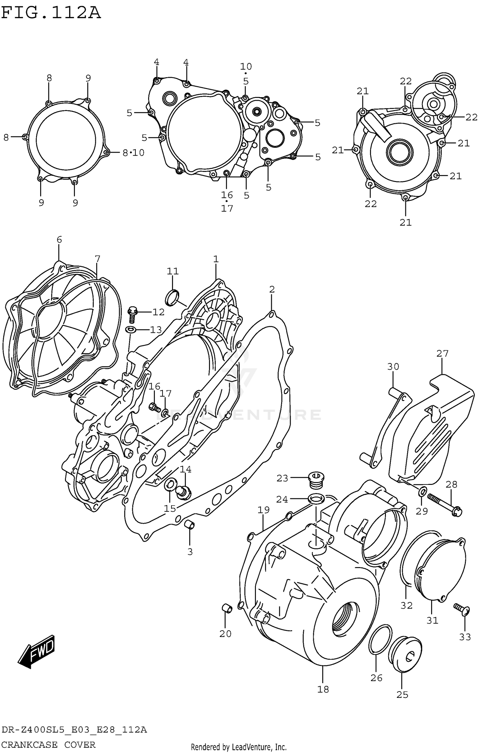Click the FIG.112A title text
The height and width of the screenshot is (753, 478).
[51, 13]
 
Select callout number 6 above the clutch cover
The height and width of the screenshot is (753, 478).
[59, 240]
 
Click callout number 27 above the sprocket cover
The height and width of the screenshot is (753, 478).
[442, 353]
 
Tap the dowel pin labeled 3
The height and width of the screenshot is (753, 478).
[190, 524]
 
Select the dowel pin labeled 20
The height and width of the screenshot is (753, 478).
[227, 608]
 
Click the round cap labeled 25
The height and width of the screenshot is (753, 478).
[405, 655]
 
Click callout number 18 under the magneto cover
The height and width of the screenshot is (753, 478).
[323, 689]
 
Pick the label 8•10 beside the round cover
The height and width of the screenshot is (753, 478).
[134, 153]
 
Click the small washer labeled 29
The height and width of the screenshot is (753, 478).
[422, 492]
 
